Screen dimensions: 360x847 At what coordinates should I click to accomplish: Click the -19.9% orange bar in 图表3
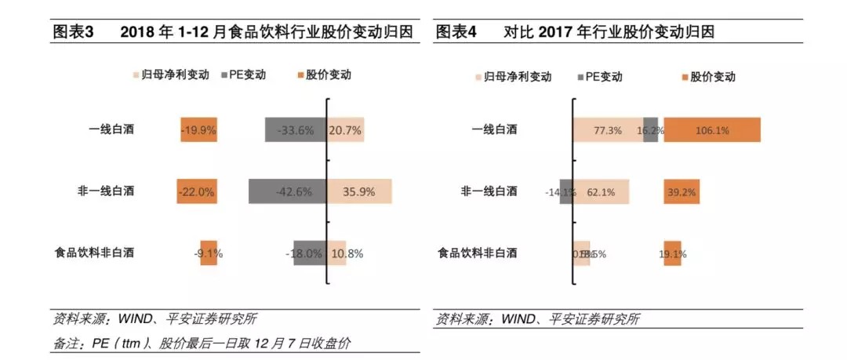(x=198, y=129)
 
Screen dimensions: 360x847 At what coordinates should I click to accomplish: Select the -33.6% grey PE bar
(x=295, y=129)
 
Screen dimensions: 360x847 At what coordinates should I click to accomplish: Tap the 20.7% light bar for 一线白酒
(x=345, y=129)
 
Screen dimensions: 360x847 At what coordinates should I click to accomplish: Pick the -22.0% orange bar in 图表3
(x=197, y=191)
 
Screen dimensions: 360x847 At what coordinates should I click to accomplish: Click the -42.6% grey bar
(x=287, y=191)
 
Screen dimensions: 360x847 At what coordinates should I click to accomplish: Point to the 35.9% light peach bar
(x=359, y=191)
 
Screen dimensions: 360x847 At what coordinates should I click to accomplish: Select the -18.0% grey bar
(x=310, y=253)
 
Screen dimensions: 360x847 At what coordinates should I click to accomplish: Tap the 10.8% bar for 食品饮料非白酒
(x=336, y=253)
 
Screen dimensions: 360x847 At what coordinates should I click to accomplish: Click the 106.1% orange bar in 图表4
(x=712, y=129)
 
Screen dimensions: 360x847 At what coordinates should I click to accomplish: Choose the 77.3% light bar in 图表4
(x=608, y=129)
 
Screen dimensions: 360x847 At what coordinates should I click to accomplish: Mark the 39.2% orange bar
(x=682, y=191)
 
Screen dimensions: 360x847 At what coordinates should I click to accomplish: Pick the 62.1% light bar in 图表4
(x=601, y=191)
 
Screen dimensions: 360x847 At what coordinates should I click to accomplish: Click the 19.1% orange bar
(x=673, y=253)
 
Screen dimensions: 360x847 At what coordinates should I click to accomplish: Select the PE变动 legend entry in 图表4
(x=600, y=77)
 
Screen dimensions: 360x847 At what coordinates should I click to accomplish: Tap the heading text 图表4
(x=456, y=32)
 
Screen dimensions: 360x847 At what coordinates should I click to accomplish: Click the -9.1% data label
(x=209, y=253)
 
